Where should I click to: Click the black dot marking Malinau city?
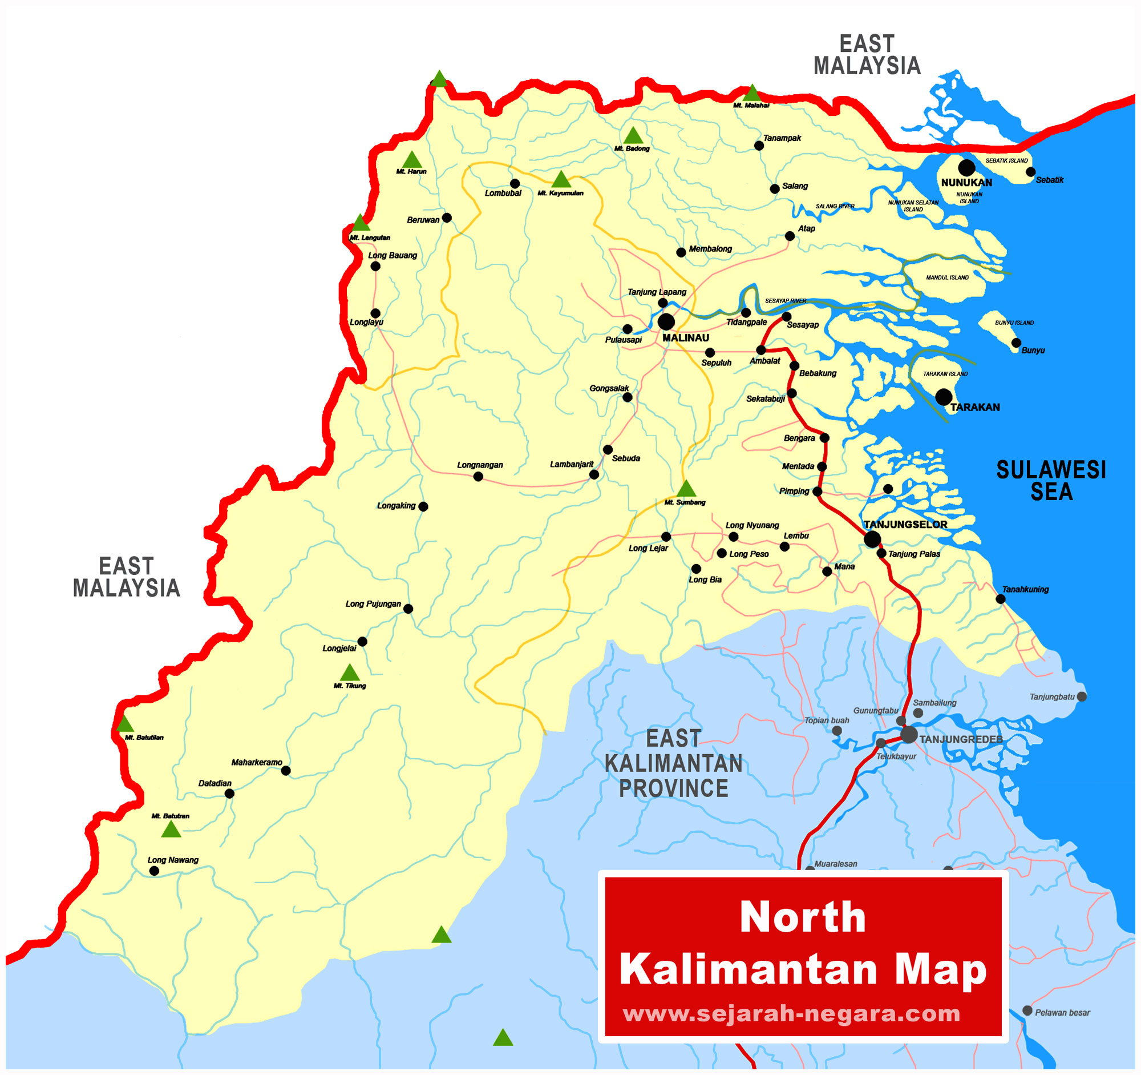pos(666,321)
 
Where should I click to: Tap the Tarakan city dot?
pos(944,397)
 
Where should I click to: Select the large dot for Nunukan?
pos(966,168)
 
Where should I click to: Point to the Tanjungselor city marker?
pos(872,539)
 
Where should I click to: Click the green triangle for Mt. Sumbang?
pos(686,489)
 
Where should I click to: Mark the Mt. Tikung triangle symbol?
pos(350,673)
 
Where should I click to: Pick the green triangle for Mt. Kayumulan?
pos(561,180)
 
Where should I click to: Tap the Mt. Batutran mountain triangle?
pos(171,830)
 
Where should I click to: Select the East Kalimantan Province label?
pos(673,763)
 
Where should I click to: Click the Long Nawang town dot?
pos(154,871)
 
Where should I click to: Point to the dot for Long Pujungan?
pos(408,609)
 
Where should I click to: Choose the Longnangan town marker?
pos(478,477)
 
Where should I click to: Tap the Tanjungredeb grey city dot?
pos(909,735)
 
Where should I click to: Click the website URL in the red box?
pos(791,1013)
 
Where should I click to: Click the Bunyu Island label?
pos(1014,323)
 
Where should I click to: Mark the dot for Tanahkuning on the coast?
pos(1001,599)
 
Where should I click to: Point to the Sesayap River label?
pos(785,301)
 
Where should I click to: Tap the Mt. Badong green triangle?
pos(633,136)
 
